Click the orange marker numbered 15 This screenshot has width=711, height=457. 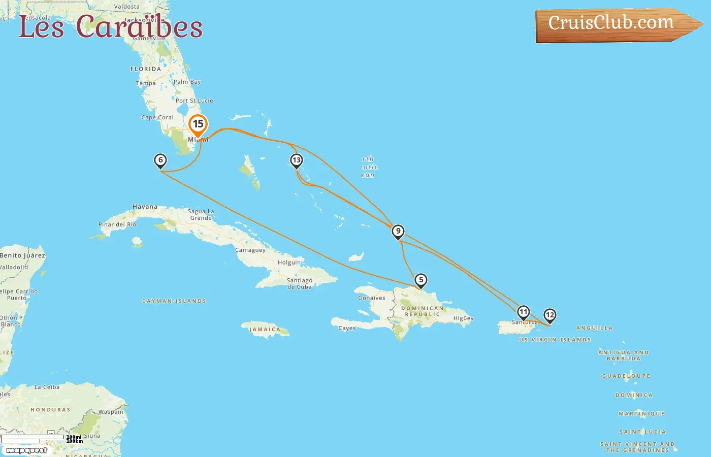(x=198, y=124)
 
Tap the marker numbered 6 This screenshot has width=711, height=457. (x=160, y=160)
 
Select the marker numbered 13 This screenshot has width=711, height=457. (x=296, y=160)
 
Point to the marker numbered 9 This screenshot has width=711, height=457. (x=398, y=232)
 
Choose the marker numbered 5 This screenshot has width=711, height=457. (x=421, y=280)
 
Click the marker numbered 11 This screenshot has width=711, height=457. (x=523, y=312)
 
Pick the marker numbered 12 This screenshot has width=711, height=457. (x=550, y=315)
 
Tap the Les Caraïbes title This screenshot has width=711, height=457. (x=111, y=26)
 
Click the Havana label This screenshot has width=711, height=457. (x=145, y=207)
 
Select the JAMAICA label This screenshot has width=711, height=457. (x=265, y=330)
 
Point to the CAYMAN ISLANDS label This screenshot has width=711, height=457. (x=174, y=301)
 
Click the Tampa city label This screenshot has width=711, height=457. (x=146, y=83)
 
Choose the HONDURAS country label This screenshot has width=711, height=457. (x=50, y=410)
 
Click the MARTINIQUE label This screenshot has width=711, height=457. (x=641, y=414)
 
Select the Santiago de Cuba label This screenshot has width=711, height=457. (x=299, y=283)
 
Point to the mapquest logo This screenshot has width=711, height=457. (x=26, y=450)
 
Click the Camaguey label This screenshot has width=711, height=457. (x=250, y=250)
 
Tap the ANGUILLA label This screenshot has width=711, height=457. (x=594, y=328)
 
